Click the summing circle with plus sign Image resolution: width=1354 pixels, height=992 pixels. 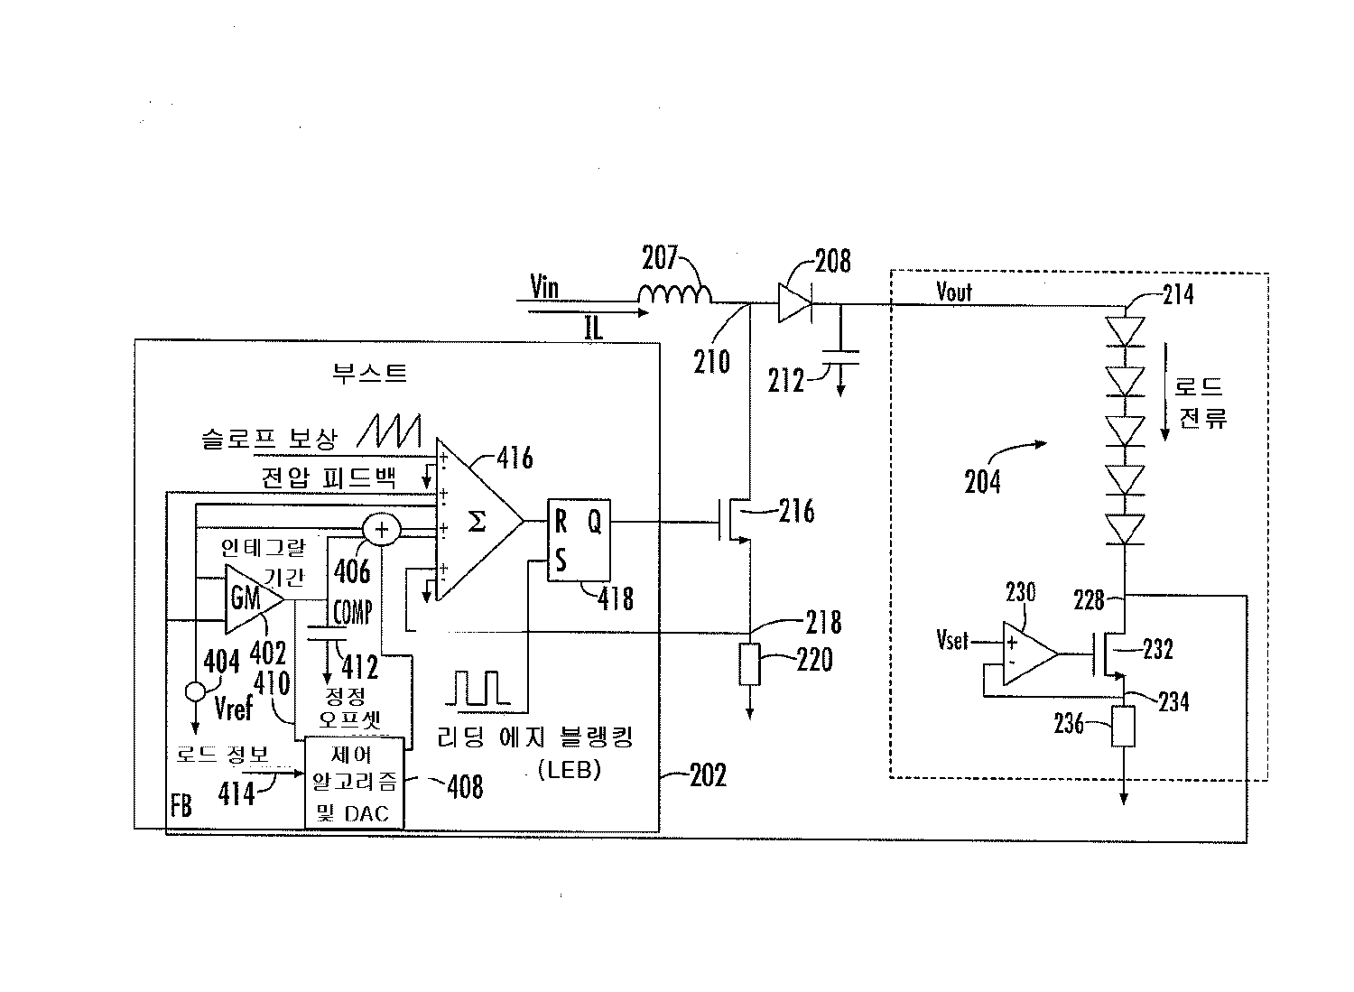[x=381, y=530]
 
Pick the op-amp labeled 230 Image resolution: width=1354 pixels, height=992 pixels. [x=1028, y=653]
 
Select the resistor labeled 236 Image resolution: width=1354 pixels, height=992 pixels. [x=1124, y=727]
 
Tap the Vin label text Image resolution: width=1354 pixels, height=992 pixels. [x=544, y=288]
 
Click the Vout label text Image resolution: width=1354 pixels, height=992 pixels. [x=954, y=292]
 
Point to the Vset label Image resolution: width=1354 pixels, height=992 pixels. [x=952, y=640]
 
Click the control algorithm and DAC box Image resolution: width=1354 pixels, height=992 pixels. [x=354, y=783]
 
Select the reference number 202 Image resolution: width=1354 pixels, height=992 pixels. [x=707, y=775]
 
